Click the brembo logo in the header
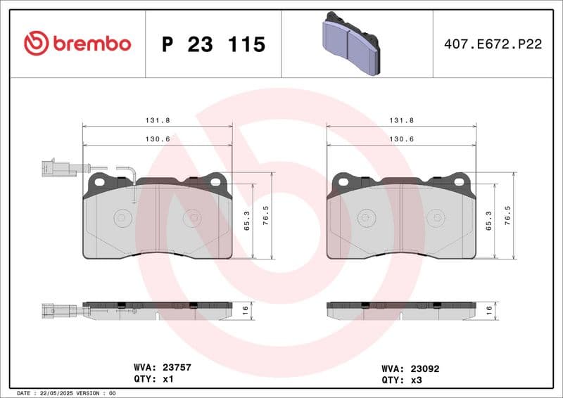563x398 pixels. [x=77, y=44]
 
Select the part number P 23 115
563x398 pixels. [x=213, y=44]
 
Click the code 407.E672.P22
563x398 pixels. [x=493, y=44]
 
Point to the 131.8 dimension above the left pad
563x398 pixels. [x=158, y=120]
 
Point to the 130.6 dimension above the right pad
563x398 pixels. [x=401, y=139]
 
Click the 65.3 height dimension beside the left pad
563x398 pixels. [x=246, y=222]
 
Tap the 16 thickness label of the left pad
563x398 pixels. [x=246, y=310]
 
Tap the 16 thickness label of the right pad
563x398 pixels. [x=489, y=310]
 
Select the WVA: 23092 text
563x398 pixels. [x=410, y=368]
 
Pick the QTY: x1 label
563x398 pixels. [x=153, y=378]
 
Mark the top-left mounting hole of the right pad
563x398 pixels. [x=343, y=181]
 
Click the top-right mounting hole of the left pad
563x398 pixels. [x=217, y=181]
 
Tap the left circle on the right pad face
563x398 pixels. [x=365, y=218]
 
